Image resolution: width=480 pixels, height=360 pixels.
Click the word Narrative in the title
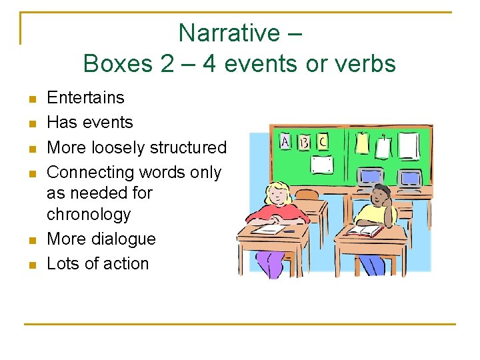click(x=230, y=33)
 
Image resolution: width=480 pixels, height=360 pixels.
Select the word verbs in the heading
click(x=365, y=64)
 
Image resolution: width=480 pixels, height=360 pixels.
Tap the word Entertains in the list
click(x=85, y=98)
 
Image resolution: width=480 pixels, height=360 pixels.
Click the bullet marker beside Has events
click(x=31, y=124)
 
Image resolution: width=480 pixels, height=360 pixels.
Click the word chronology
click(x=89, y=215)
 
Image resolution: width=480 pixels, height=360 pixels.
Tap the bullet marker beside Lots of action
click(x=31, y=265)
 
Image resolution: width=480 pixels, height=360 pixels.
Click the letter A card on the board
click(x=285, y=142)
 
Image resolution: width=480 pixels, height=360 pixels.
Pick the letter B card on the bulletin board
click(x=304, y=142)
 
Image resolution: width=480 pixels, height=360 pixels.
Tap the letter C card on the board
click(x=323, y=141)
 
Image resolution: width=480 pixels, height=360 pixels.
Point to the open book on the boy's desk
click(x=363, y=231)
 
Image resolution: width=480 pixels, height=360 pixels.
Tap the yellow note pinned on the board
click(x=363, y=143)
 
